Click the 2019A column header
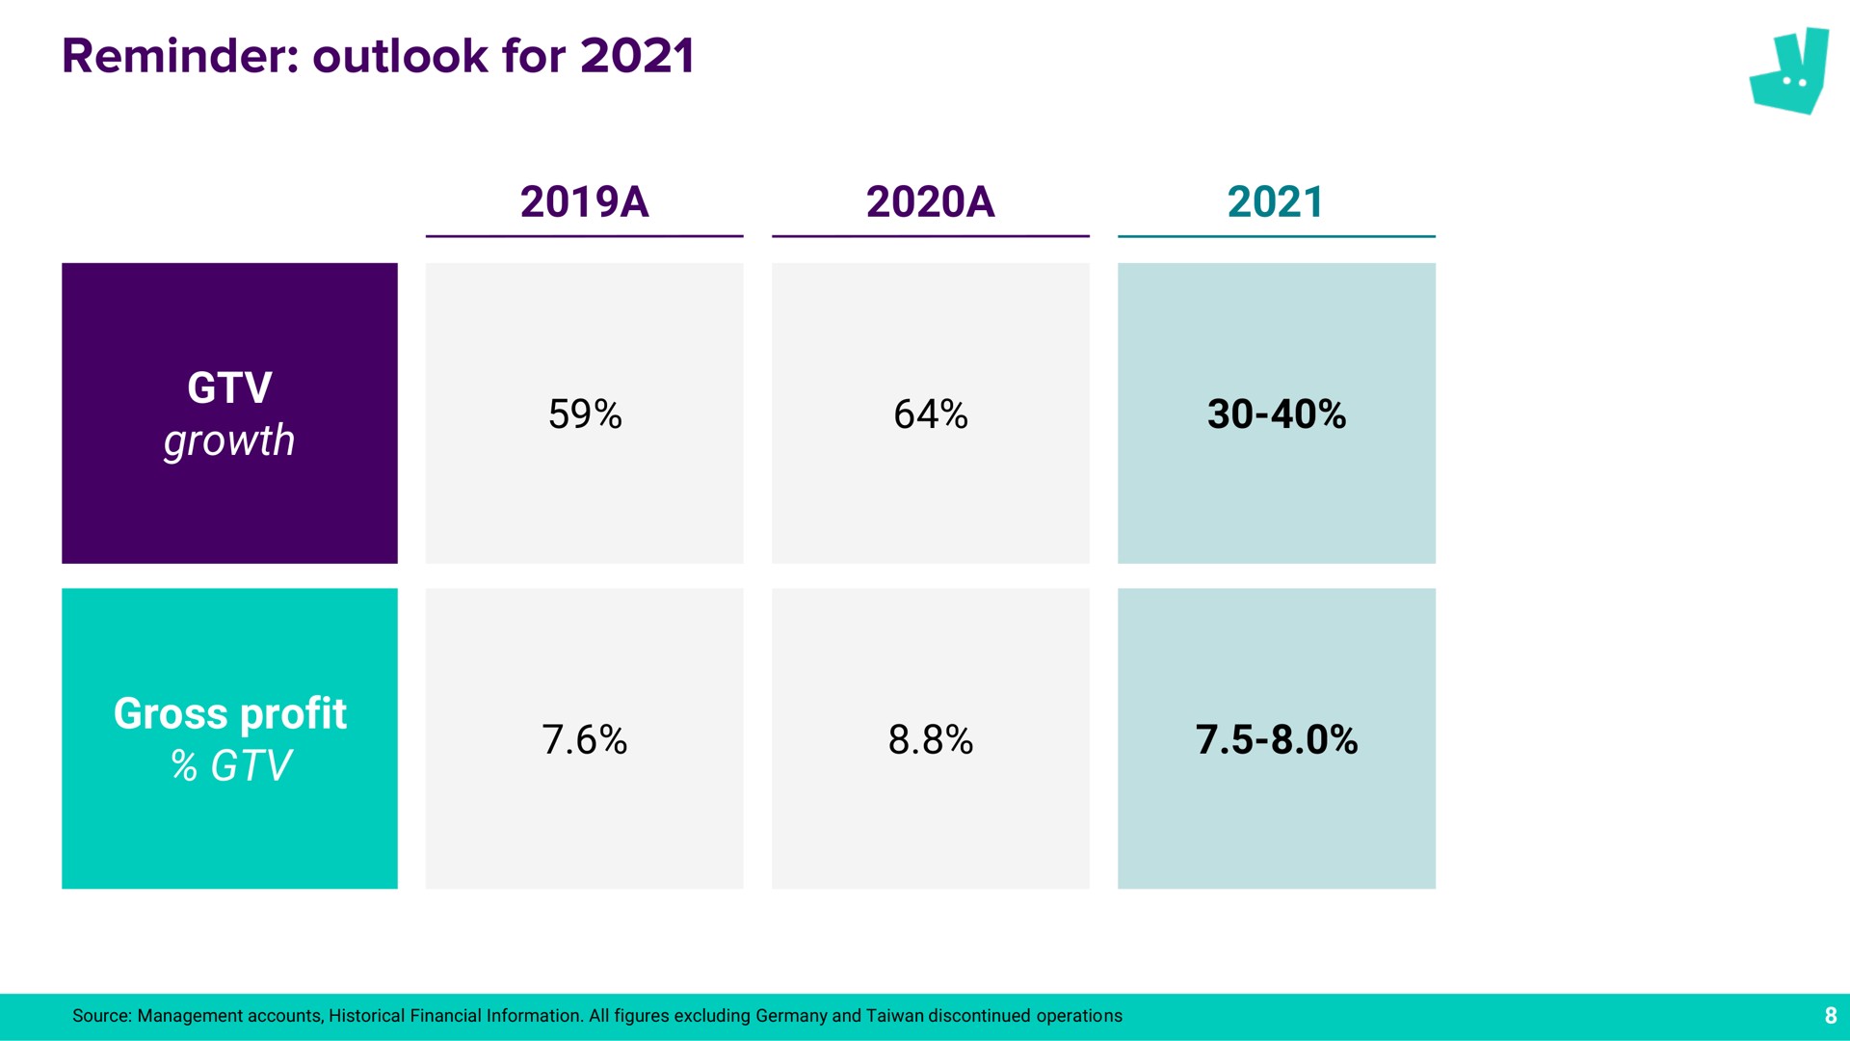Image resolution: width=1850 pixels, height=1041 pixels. coord(584,201)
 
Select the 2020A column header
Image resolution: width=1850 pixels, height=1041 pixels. coord(930,201)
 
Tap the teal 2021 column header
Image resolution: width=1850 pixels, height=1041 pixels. coord(1276,201)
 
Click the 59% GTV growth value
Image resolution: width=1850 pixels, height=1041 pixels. coord(585,414)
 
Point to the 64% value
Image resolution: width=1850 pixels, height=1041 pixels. coord(931,414)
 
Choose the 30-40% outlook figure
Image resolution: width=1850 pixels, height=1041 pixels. coord(1277,414)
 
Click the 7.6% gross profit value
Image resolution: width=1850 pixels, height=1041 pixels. coord(585,740)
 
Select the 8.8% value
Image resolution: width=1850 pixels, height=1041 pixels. coord(931,740)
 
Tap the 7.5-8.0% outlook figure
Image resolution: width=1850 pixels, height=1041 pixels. coord(1277,740)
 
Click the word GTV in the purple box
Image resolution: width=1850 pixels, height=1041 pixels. coord(229,388)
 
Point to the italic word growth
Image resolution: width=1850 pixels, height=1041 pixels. coord(229,441)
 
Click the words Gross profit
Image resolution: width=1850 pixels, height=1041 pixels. coord(229,714)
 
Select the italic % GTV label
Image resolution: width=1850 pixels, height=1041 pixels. coord(230,766)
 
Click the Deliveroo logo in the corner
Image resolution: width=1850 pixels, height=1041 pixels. coord(1789,71)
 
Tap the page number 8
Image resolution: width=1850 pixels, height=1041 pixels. coord(1831,1016)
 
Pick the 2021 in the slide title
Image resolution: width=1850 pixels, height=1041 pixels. coord(637,56)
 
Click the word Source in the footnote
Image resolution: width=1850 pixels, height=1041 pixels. coord(101,1016)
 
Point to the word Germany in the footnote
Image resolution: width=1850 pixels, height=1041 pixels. coord(791,1017)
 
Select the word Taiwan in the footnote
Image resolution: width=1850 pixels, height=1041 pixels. coord(894,1016)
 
